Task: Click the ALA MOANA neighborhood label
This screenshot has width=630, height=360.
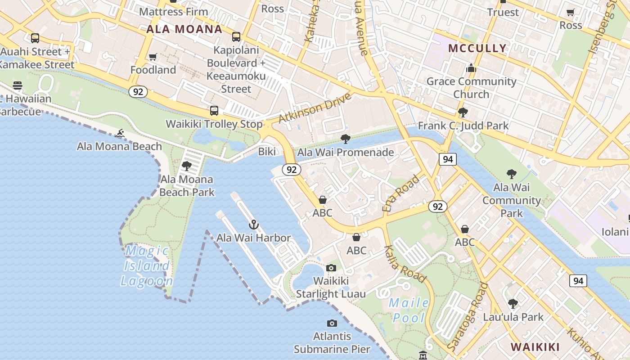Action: tap(184, 30)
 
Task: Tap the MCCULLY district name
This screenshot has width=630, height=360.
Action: tap(477, 48)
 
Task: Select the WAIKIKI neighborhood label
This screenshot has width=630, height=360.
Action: tap(535, 347)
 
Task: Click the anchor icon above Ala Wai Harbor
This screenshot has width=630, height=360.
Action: tap(254, 224)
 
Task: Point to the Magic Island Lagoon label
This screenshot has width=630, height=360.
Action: tap(147, 266)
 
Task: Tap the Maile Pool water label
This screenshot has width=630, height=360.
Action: tap(409, 310)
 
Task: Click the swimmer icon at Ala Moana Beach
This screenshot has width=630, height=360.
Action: tap(120, 133)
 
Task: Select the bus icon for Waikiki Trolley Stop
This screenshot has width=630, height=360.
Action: tap(214, 111)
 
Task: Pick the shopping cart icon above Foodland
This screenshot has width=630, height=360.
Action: tap(153, 57)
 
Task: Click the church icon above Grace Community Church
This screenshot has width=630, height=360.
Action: tap(471, 68)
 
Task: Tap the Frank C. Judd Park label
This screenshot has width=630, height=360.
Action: tap(463, 126)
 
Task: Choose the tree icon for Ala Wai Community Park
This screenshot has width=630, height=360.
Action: tap(511, 174)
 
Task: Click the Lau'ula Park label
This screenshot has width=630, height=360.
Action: tap(513, 317)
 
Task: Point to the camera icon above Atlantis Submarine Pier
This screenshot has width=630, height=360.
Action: tap(332, 323)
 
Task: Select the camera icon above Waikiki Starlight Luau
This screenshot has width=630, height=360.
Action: tap(331, 268)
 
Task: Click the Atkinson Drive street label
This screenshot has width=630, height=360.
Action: tap(315, 108)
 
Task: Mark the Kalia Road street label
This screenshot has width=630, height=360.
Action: tap(404, 264)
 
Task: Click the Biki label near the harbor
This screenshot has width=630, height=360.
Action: tap(267, 152)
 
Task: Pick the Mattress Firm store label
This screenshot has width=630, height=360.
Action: tap(173, 12)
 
